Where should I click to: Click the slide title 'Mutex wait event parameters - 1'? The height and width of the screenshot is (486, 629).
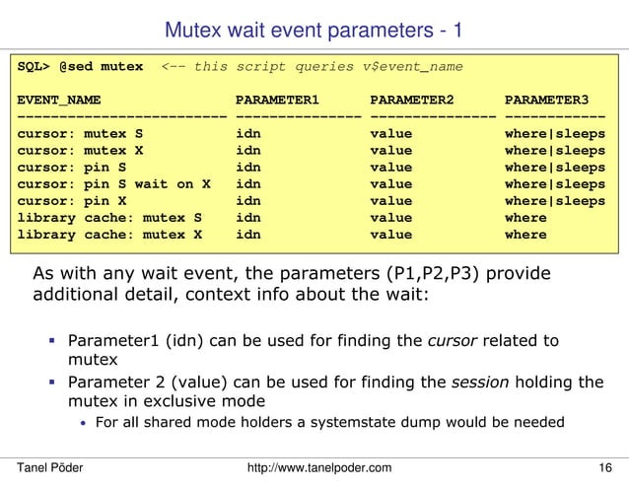click(x=314, y=30)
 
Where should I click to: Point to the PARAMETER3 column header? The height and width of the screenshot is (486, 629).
click(x=546, y=101)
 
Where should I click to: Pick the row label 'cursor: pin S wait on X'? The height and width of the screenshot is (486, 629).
click(x=114, y=184)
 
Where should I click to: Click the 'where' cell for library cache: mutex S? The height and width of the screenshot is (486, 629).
click(x=525, y=218)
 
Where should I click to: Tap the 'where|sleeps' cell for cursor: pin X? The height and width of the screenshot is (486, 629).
click(x=555, y=201)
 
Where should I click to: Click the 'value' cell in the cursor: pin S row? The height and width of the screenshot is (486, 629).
click(x=391, y=168)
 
